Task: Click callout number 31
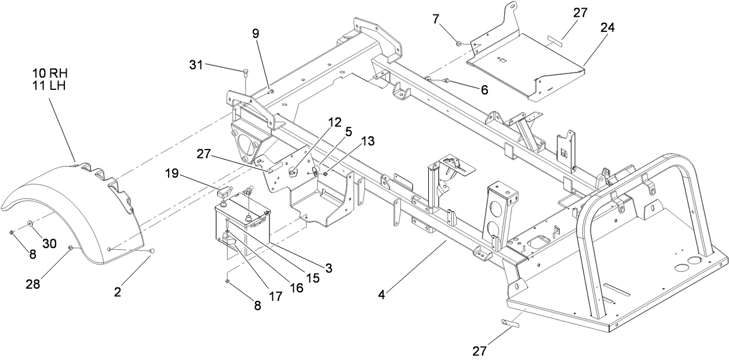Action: point(196,65)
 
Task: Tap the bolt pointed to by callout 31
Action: point(245,72)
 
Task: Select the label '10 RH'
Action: point(50,73)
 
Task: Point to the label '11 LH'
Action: point(50,85)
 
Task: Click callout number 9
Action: point(256,34)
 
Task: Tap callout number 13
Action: point(367,140)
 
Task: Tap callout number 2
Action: point(118,293)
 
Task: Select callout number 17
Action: point(275,296)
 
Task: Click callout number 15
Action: point(313,278)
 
